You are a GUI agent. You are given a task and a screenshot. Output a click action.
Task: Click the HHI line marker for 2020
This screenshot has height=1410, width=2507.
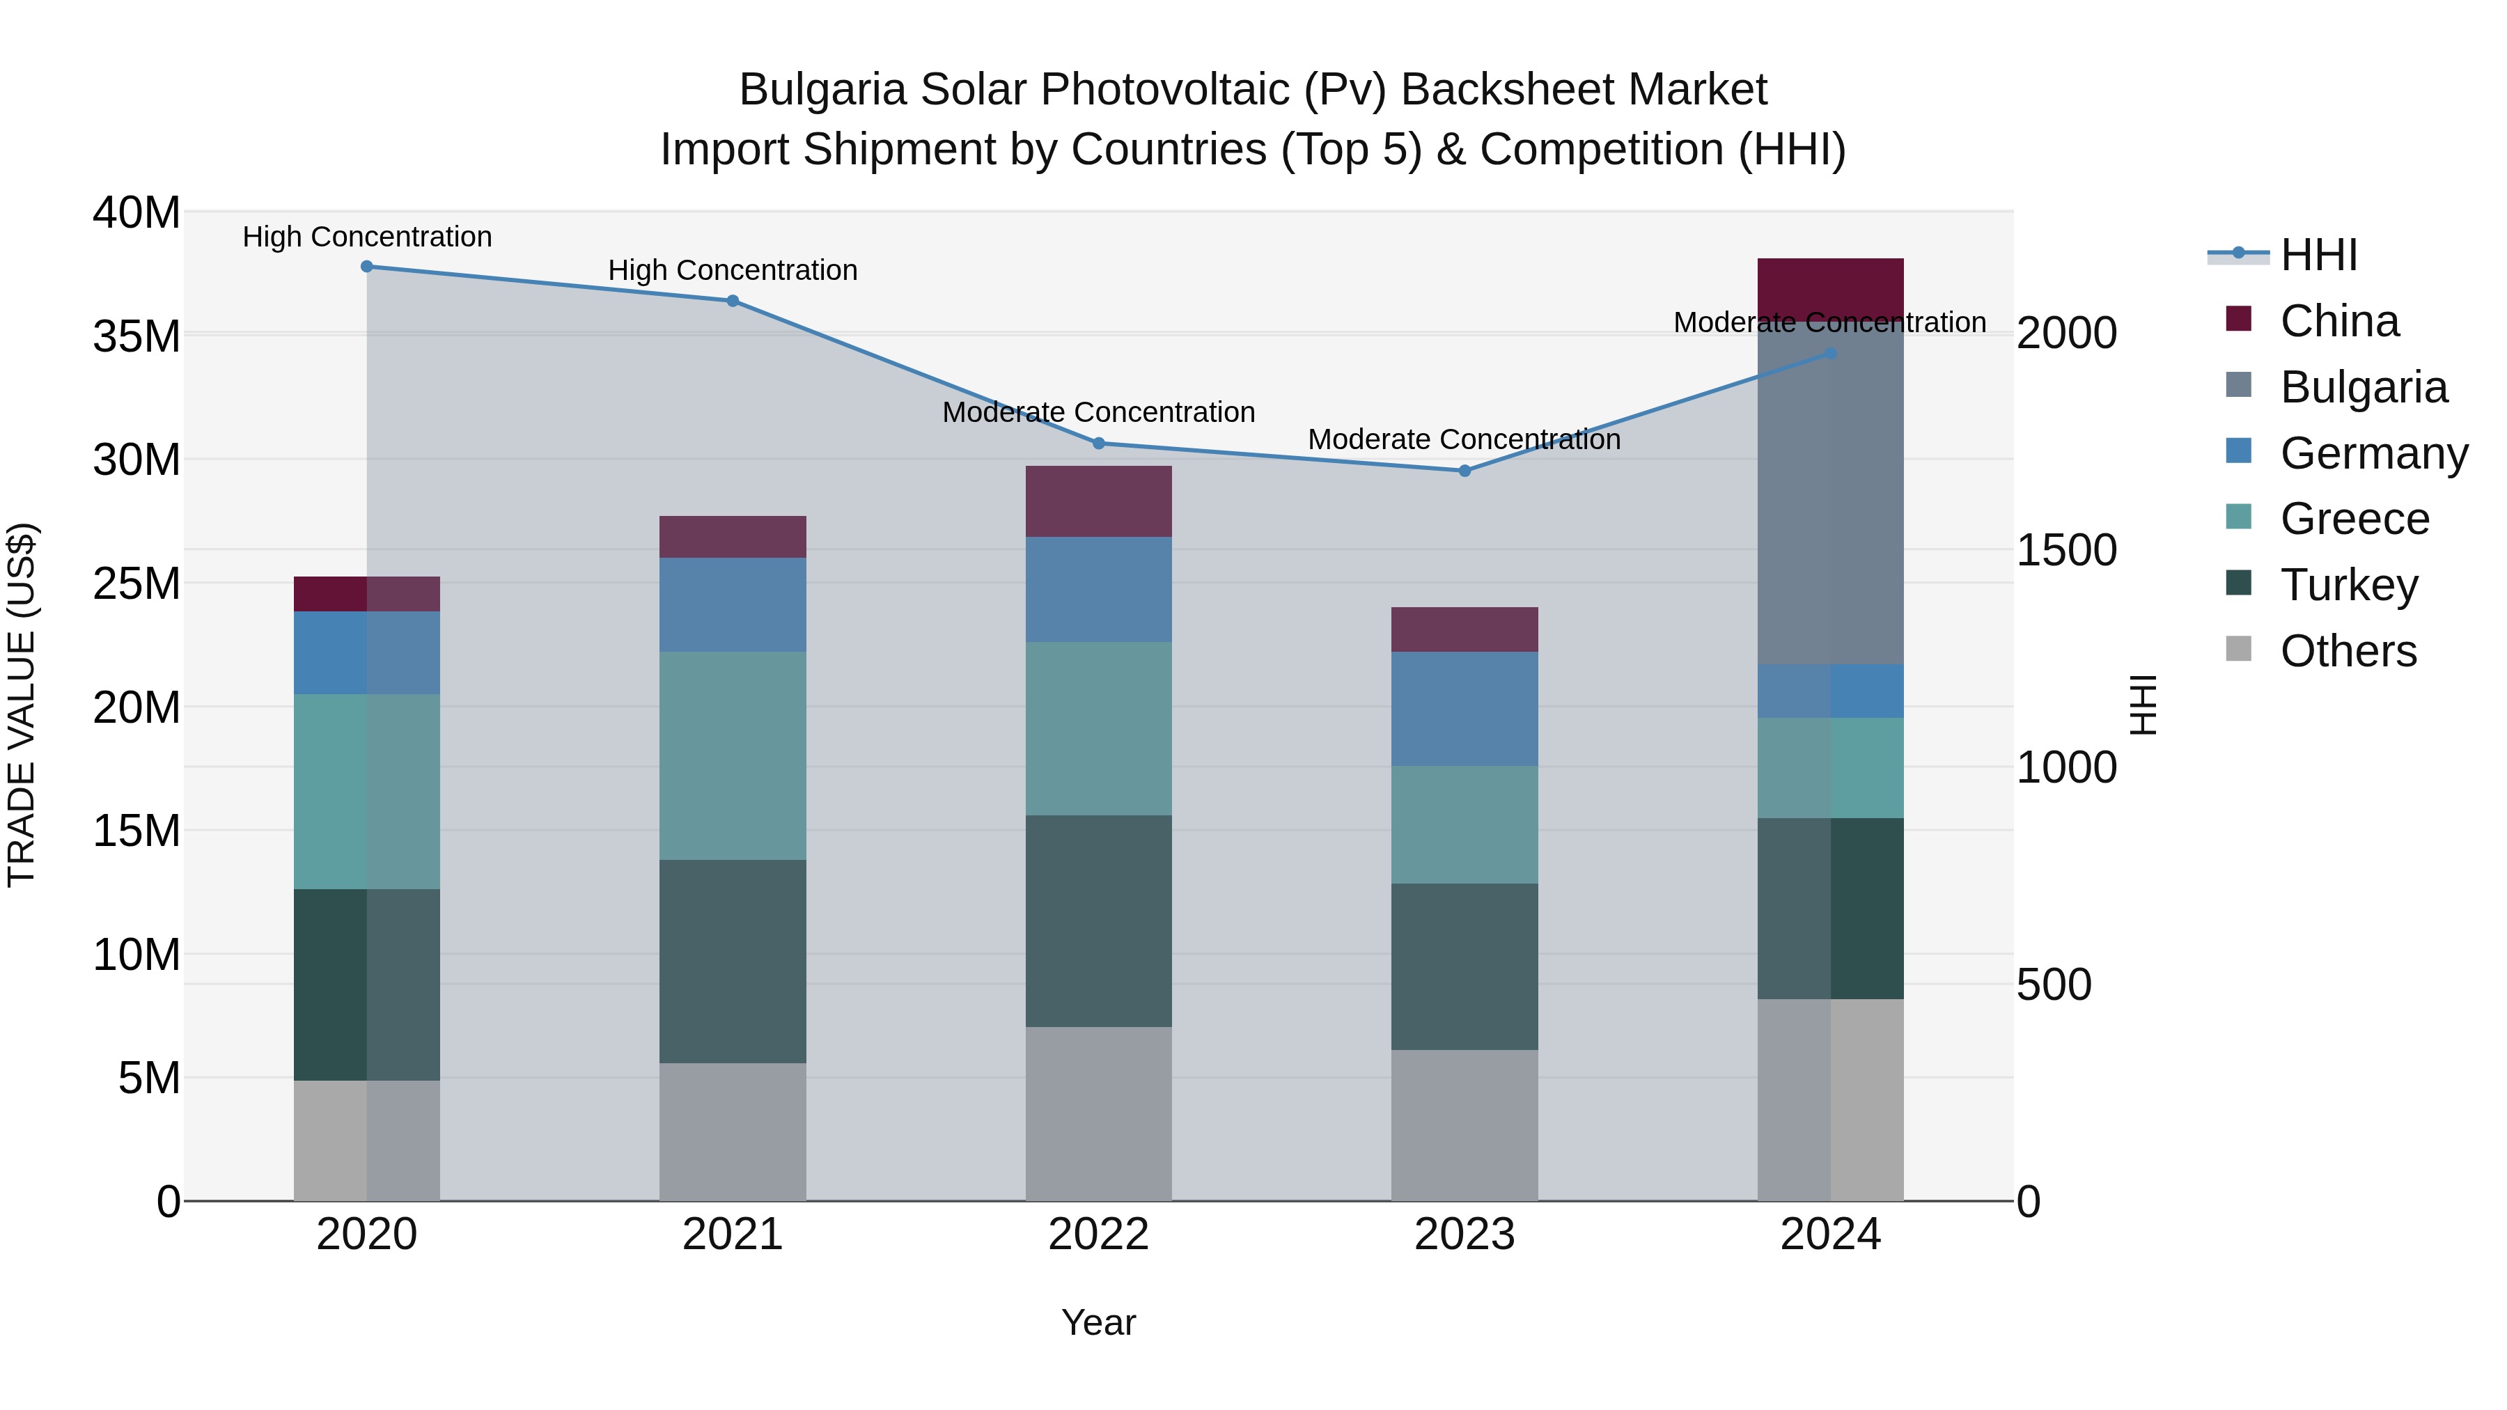point(367,267)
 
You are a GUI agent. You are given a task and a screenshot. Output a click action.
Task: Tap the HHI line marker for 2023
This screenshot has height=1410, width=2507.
point(1465,471)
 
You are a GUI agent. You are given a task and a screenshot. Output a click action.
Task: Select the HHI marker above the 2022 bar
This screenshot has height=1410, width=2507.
point(1099,444)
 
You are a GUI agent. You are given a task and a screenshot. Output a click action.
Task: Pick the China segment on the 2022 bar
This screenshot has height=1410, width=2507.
point(1099,502)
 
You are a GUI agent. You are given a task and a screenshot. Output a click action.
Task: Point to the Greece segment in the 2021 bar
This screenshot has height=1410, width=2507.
point(733,756)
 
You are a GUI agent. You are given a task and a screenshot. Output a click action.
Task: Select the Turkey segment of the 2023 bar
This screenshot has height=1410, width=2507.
point(1465,966)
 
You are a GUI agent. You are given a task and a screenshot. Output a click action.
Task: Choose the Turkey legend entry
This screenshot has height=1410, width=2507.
point(2348,585)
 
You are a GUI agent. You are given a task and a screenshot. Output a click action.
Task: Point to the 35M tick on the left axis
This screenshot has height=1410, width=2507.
point(136,337)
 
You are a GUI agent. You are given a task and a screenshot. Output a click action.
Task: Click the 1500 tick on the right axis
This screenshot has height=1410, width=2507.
point(2066,551)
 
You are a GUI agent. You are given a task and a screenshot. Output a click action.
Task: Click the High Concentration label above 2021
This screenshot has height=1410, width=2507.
point(733,271)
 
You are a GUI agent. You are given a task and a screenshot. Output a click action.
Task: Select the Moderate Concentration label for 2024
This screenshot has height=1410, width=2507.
point(1829,323)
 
